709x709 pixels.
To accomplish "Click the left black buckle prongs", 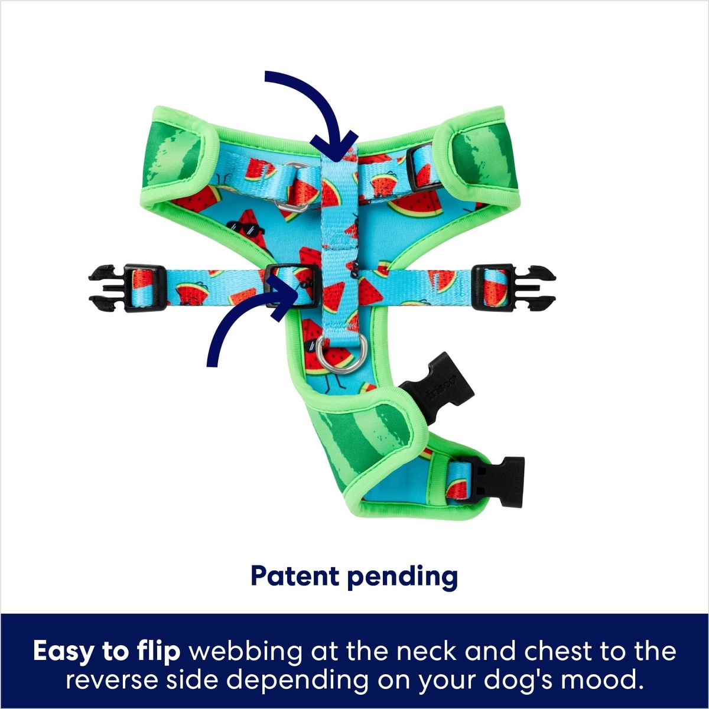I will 106,288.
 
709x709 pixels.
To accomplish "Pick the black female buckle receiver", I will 434,387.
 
